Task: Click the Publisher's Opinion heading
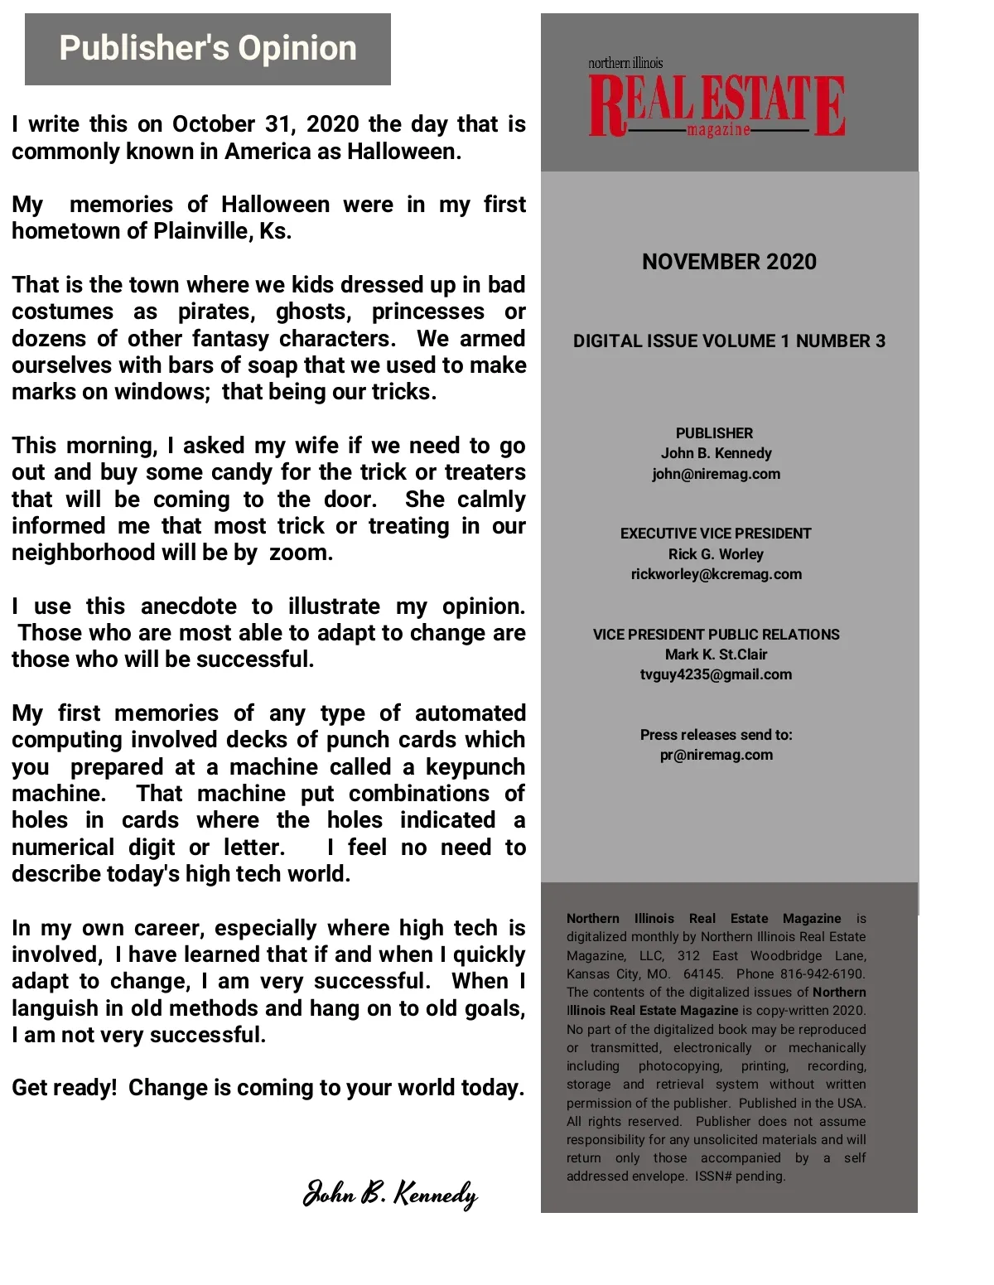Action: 207,49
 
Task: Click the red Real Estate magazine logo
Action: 717,105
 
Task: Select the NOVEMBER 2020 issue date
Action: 729,262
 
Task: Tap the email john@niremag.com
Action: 716,474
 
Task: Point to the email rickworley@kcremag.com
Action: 716,574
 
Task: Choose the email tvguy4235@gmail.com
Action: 716,674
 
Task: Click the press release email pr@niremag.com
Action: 716,755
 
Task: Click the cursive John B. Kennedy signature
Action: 390,1194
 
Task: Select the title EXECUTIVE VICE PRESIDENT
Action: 716,534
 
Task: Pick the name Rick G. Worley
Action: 716,554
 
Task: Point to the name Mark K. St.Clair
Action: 716,655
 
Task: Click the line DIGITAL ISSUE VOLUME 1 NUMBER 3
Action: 729,341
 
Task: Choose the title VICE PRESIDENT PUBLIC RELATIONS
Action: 716,635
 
